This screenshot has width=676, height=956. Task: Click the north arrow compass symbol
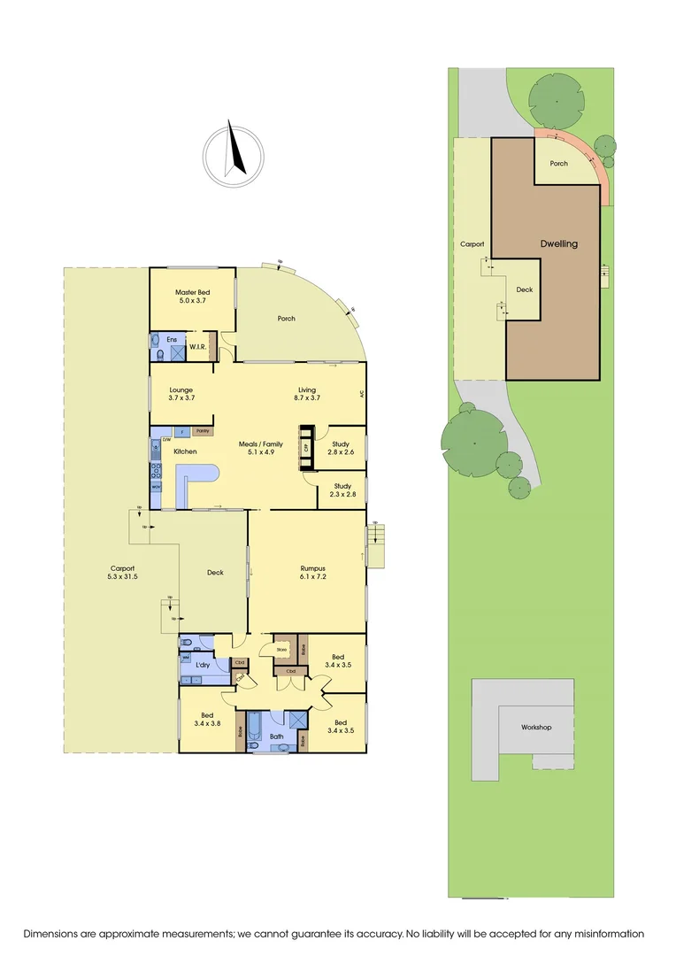point(232,156)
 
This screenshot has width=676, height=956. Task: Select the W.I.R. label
point(197,347)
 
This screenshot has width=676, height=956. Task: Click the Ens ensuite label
point(172,339)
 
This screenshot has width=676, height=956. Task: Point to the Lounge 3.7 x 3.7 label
point(181,394)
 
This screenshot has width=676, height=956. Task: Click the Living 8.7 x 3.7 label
point(307,394)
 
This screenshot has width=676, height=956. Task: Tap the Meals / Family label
point(261,448)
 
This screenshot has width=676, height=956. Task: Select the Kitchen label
point(185,451)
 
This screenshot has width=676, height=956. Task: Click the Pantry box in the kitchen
point(203,431)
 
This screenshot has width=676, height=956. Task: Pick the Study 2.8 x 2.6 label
point(340,448)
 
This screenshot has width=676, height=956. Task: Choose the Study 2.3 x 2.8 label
point(342,490)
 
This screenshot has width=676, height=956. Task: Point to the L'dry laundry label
point(203,664)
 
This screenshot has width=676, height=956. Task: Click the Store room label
point(282,651)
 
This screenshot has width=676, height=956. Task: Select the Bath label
point(276,736)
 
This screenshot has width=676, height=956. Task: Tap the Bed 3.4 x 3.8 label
point(207,720)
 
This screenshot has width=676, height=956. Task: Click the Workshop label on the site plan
point(536,727)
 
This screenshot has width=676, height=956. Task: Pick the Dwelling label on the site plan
point(558,243)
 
